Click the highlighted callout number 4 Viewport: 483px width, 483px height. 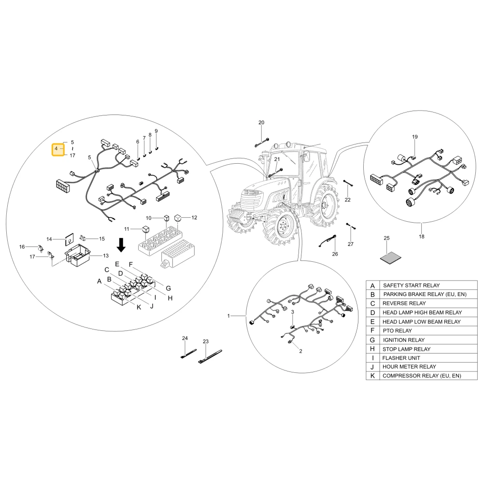56,148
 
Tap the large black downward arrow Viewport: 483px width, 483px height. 121,245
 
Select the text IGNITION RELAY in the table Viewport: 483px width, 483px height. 403,340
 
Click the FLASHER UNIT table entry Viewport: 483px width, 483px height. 401,358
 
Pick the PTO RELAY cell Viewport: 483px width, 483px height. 397,331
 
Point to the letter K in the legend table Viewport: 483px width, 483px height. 372,376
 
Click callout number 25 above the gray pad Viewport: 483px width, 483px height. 386,238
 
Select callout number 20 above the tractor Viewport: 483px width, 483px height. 261,123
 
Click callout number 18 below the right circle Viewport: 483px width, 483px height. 421,237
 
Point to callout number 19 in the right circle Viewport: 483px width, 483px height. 415,137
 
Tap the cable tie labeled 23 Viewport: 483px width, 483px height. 210,357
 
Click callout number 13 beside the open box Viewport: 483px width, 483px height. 106,256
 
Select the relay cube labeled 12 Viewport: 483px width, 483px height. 178,218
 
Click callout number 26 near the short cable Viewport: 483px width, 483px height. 335,254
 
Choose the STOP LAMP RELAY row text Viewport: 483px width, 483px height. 406,349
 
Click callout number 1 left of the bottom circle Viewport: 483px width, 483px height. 228,316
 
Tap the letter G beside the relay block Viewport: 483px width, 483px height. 168,288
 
